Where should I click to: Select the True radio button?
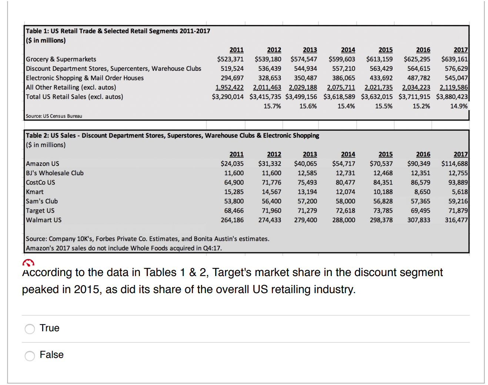coord(30,329)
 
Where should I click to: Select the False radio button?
coord(30,356)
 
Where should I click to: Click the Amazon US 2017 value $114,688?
coord(454,163)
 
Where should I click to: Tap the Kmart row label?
coord(35,192)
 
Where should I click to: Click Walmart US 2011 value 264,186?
coord(232,220)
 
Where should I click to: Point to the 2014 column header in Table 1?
coord(348,50)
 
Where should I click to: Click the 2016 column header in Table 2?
coord(423,154)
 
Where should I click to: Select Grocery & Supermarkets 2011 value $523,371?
coord(230,59)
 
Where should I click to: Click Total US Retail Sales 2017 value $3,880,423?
coord(452,97)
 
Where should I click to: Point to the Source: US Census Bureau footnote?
coord(54,116)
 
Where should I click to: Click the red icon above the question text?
coord(28,263)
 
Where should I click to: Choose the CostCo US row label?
coord(40,182)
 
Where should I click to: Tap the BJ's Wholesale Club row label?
coord(55,173)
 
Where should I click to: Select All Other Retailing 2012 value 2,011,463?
coord(267,87)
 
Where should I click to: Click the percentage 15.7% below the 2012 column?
coord(272,106)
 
